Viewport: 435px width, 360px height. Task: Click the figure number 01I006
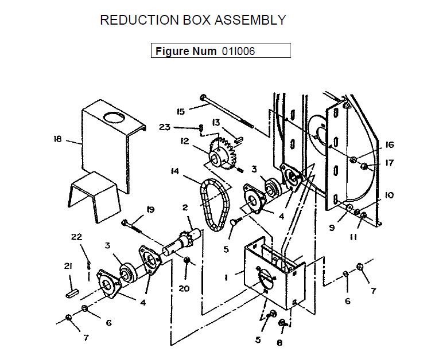pos(238,51)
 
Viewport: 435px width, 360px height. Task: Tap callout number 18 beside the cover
pos(57,139)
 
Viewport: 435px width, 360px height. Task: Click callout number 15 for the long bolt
pos(180,111)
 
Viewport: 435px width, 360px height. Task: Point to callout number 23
pos(165,127)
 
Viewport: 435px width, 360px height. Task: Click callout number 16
pos(390,145)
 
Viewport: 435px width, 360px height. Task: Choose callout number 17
pos(390,163)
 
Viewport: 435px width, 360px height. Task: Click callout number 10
pos(389,195)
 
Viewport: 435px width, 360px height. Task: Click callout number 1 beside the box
pos(227,277)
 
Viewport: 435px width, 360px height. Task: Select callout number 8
pos(279,343)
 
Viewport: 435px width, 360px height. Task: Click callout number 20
pos(184,288)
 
